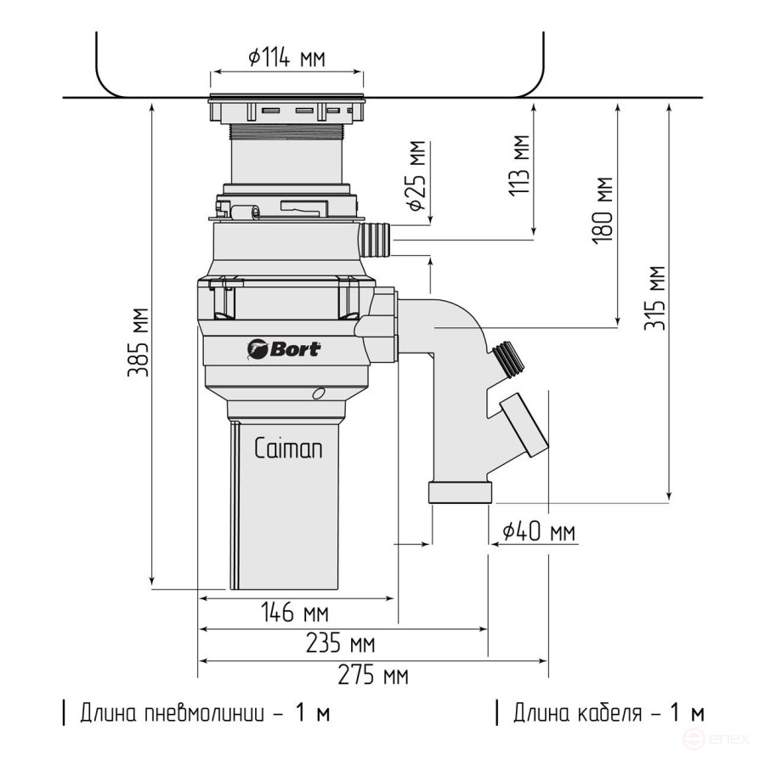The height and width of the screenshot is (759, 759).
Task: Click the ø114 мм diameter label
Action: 286,58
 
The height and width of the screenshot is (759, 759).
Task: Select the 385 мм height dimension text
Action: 139,342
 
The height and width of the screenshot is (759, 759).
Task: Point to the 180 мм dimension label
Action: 603,210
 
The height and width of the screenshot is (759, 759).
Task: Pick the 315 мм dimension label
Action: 654,297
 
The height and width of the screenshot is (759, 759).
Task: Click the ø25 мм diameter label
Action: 415,177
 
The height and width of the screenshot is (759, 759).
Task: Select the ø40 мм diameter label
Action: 538,532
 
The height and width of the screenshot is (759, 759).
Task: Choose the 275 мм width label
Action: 373,676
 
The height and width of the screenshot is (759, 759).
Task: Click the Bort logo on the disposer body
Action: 284,348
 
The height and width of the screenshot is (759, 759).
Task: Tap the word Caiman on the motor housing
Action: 288,449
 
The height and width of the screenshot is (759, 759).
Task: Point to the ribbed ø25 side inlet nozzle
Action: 376,239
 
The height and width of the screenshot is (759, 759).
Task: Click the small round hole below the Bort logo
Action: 318,393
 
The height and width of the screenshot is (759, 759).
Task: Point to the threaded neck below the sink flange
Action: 286,133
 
